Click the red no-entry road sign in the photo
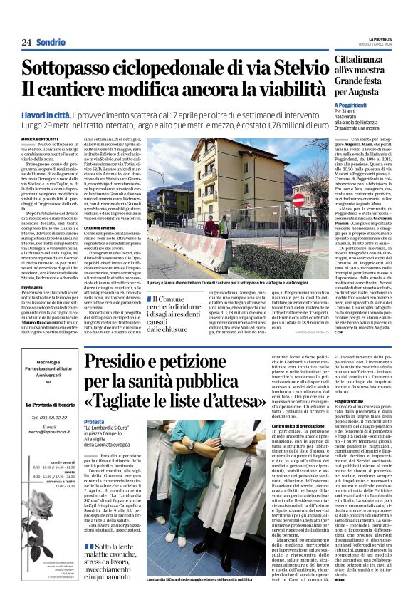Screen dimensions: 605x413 tap(298, 200)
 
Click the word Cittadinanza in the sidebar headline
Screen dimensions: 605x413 tap(362, 62)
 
